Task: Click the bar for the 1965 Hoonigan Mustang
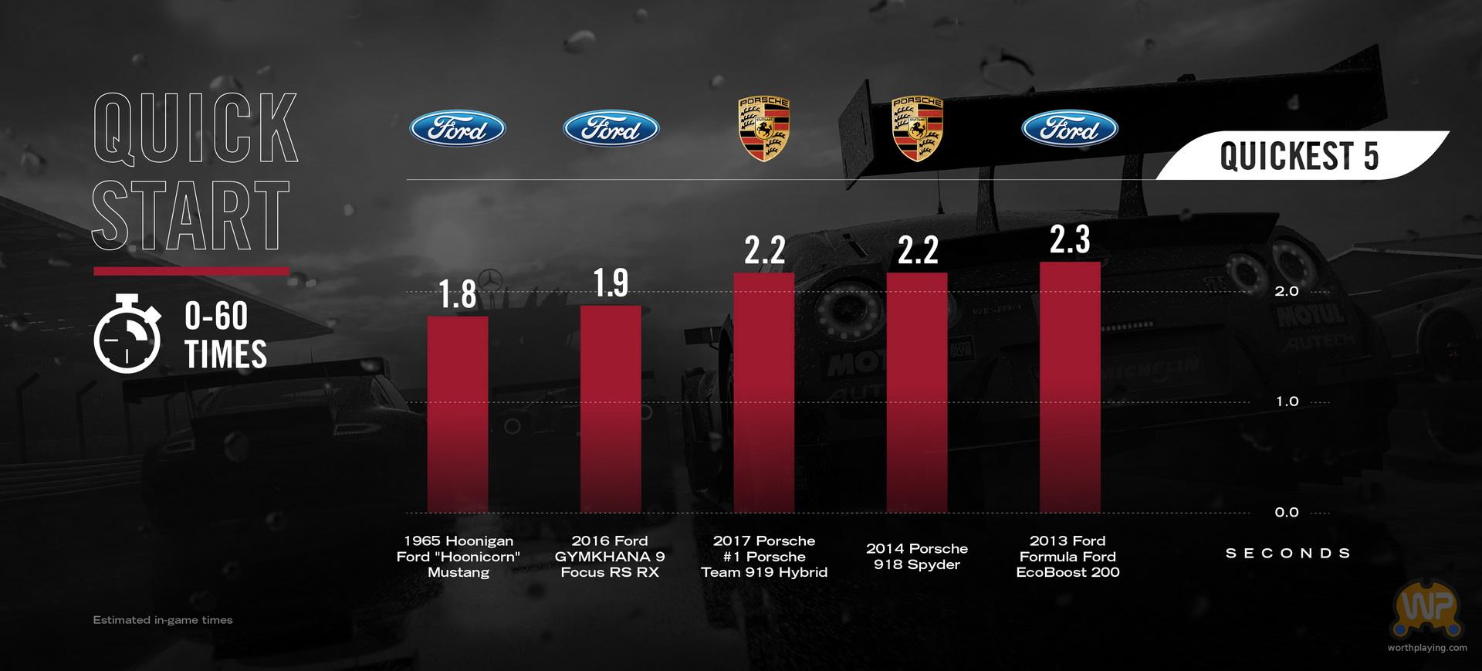click(x=457, y=414)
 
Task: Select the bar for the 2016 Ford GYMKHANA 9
click(x=611, y=408)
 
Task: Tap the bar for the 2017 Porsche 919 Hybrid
click(x=763, y=392)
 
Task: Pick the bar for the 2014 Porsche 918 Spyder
click(x=916, y=392)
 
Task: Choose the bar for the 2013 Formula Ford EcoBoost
click(x=1070, y=387)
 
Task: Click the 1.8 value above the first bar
click(x=458, y=295)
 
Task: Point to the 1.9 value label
click(x=611, y=283)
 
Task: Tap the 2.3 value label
click(x=1070, y=240)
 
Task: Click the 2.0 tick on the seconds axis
click(x=1287, y=291)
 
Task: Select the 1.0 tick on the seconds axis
click(x=1287, y=402)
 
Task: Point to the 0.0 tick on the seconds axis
click(x=1287, y=513)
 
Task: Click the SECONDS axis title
click(x=1288, y=554)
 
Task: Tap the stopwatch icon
click(x=127, y=334)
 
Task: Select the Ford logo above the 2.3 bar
click(x=1070, y=129)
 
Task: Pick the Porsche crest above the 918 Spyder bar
click(x=917, y=129)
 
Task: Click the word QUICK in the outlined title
click(x=195, y=128)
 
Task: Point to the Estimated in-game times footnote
click(x=163, y=620)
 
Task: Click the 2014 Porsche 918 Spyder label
click(x=917, y=557)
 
